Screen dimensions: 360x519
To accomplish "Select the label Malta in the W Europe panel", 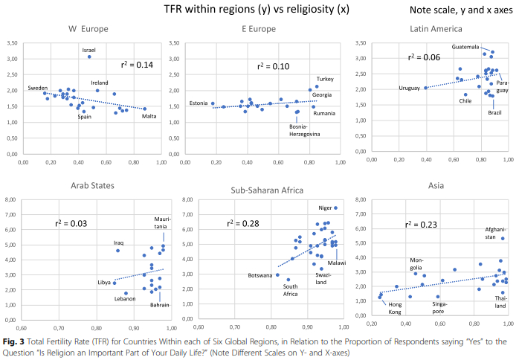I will click(150, 116).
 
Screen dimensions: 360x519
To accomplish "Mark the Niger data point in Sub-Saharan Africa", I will click(335, 208).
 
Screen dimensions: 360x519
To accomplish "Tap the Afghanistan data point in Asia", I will click(503, 239).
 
